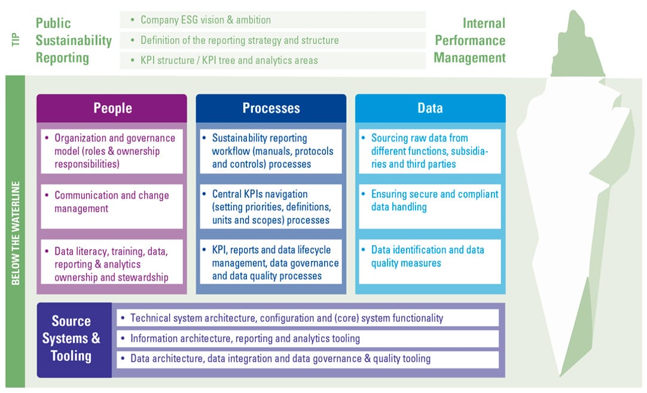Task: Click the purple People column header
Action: click(x=112, y=108)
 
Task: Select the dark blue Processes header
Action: click(x=271, y=108)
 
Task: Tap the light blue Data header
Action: click(x=431, y=108)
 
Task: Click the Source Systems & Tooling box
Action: click(x=74, y=340)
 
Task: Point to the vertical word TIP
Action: click(x=16, y=40)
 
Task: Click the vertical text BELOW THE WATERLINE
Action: click(x=16, y=233)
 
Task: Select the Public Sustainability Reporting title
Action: click(x=74, y=41)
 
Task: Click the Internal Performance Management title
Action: click(x=469, y=41)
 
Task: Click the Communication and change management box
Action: click(x=112, y=207)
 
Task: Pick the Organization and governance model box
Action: click(x=112, y=151)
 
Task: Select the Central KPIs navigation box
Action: click(x=271, y=207)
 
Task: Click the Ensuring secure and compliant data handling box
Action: click(x=430, y=207)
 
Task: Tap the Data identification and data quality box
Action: click(x=430, y=262)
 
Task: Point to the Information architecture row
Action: click(x=308, y=339)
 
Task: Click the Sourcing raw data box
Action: click(x=430, y=151)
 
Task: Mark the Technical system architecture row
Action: click(x=308, y=318)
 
